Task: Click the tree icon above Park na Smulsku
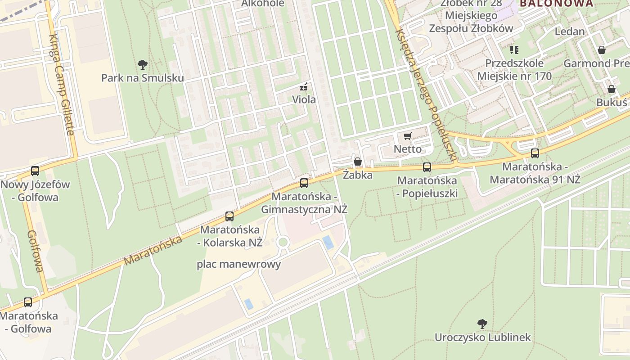tap(143, 64)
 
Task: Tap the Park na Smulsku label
tap(142, 78)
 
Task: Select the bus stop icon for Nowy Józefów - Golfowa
tap(35, 171)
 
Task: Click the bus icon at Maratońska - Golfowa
tap(28, 302)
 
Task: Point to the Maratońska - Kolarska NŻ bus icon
tap(229, 216)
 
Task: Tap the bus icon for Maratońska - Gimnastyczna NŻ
tap(304, 183)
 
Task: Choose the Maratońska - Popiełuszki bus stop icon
tap(427, 167)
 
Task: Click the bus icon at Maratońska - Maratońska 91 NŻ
tap(535, 153)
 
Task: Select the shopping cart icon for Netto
tap(408, 136)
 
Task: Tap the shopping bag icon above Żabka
tap(358, 162)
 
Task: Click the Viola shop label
tap(304, 99)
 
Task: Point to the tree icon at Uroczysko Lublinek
tap(482, 324)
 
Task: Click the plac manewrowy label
tap(238, 264)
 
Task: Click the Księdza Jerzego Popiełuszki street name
tap(426, 94)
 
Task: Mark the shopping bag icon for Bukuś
tap(612, 89)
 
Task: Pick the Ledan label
tap(570, 31)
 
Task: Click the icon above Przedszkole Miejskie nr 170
tap(514, 49)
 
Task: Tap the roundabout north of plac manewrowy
tap(283, 242)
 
